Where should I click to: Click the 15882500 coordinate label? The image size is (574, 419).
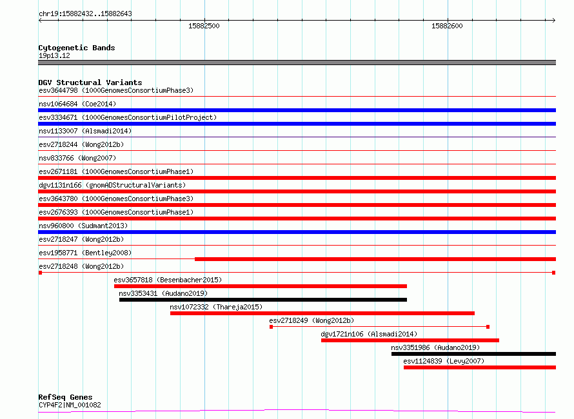coord(204,26)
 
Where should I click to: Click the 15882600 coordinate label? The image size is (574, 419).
coord(447,26)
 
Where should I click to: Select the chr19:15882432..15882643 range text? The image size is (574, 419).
coord(85,14)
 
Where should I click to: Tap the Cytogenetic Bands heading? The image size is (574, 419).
coord(77,48)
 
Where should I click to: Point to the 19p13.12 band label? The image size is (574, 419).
coord(54,55)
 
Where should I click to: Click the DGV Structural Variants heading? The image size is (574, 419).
coord(90,83)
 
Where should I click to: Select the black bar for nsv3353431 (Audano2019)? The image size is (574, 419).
coord(263,300)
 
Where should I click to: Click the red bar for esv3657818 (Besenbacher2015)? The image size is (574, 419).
coord(261,286)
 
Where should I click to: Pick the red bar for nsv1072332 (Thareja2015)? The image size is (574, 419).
coord(322,313)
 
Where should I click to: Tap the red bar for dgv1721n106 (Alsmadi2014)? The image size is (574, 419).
coord(410,340)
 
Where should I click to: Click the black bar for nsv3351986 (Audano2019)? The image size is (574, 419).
coord(473,354)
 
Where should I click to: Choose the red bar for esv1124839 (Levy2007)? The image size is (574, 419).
coord(480,367)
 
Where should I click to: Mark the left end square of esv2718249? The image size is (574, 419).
coord(272,327)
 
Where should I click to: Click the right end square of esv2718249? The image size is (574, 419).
coord(488,327)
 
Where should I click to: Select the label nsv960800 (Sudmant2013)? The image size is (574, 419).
coord(83,226)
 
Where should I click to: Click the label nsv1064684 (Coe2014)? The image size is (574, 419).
coord(77,104)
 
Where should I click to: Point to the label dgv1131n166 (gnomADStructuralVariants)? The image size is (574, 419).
coord(112,185)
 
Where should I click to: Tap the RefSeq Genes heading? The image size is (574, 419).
coord(65,397)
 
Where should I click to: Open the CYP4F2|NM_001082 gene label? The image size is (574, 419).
coord(70,405)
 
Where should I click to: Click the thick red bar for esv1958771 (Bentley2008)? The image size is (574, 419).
coord(375,259)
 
